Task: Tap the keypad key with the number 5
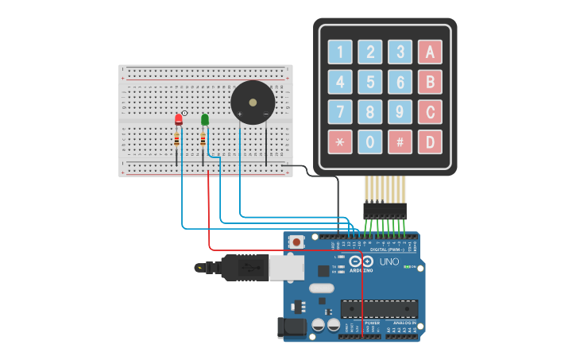tap(369, 82)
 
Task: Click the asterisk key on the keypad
tap(340, 142)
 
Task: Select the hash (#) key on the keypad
tap(400, 142)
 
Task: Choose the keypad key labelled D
tap(430, 142)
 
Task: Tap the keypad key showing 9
tap(400, 112)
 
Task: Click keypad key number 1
tap(340, 52)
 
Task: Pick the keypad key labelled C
tap(430, 112)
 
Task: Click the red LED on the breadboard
tap(179, 120)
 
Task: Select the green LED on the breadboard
tap(205, 119)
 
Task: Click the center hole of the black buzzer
tap(253, 102)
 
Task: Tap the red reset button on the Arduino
tap(296, 242)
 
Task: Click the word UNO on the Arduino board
tap(389, 261)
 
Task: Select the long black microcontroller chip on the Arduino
tap(379, 308)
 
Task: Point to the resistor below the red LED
tap(176, 141)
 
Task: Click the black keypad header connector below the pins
tap(385, 211)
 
